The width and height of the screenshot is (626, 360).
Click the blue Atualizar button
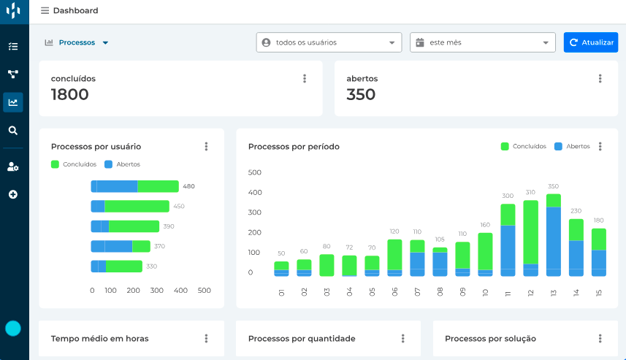tap(591, 42)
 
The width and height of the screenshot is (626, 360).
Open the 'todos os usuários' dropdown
tap(329, 42)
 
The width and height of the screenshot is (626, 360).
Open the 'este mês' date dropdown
tap(483, 42)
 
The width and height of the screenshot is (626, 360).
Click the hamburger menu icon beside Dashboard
tap(45, 11)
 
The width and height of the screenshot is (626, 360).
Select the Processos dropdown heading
tap(77, 42)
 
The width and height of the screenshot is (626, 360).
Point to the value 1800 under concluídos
tap(70, 94)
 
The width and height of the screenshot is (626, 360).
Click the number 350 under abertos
tap(361, 94)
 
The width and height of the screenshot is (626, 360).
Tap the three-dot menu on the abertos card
tap(600, 79)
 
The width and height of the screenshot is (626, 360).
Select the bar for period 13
tap(554, 235)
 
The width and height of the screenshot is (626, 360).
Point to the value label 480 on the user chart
tap(188, 186)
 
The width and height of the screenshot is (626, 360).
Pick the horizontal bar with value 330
tap(116, 267)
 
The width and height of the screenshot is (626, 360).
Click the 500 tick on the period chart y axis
tap(255, 173)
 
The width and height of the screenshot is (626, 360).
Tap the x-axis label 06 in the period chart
tap(395, 292)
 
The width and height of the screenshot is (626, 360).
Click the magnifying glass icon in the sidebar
tap(12, 131)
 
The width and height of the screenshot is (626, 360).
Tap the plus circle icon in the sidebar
tap(12, 194)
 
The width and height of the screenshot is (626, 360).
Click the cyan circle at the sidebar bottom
tap(13, 328)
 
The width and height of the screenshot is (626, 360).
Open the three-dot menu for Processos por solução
tap(600, 338)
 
